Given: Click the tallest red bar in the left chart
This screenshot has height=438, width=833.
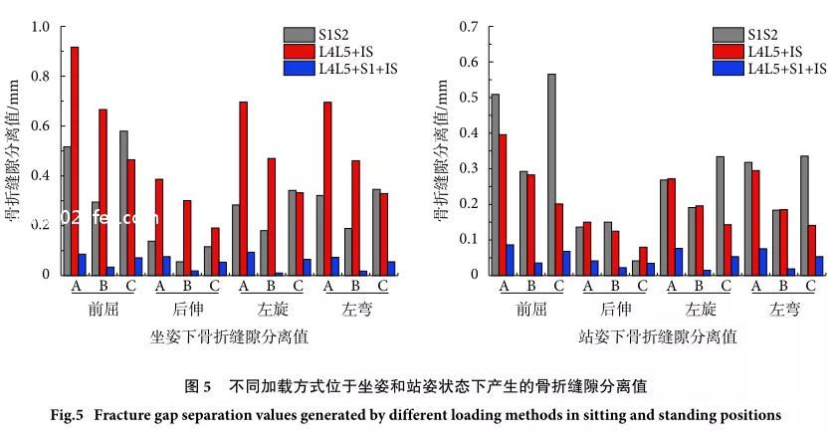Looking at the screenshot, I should tap(75, 159).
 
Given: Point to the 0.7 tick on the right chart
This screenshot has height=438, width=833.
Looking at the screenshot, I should tap(462, 27).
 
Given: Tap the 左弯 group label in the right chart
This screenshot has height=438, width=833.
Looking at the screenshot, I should tap(785, 310).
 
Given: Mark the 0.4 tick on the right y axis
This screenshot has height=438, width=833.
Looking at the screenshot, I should tap(462, 133).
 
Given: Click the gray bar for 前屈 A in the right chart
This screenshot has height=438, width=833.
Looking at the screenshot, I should tap(495, 184).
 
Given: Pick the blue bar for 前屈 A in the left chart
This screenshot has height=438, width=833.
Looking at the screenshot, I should tap(83, 264).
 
